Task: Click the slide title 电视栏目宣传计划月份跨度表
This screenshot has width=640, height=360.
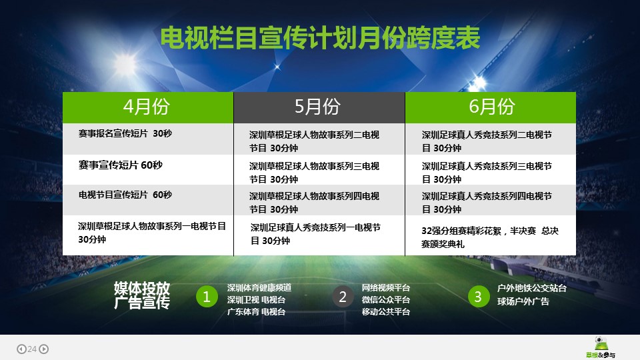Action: tap(320, 39)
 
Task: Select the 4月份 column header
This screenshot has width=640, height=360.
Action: tap(148, 107)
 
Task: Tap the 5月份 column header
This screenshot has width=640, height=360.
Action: tap(319, 107)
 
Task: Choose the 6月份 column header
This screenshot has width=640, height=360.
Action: tap(491, 107)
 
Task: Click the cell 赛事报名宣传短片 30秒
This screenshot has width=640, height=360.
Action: tap(148, 139)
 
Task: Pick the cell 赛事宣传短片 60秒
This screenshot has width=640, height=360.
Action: tap(148, 170)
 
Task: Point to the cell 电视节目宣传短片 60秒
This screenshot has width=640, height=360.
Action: tap(148, 200)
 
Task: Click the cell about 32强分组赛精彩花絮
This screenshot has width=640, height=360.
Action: tap(491, 235)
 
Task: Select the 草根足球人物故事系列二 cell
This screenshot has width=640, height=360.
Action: tap(319, 139)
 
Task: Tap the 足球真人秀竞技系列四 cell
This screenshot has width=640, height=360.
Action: tap(491, 200)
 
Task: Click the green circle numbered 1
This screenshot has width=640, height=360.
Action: tap(207, 297)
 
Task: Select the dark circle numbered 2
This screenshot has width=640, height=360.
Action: tap(343, 297)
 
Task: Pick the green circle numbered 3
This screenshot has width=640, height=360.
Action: tap(478, 297)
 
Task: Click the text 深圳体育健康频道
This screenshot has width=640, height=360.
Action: tap(259, 288)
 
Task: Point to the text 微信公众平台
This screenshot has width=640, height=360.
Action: tap(386, 299)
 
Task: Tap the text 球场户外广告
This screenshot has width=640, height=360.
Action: tap(523, 301)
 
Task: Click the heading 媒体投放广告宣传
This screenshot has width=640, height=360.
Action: tap(141, 295)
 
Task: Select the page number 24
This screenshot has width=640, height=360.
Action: tap(32, 349)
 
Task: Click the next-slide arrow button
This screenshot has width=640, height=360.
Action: tap(44, 349)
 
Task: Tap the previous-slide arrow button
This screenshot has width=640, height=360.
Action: tap(21, 349)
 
